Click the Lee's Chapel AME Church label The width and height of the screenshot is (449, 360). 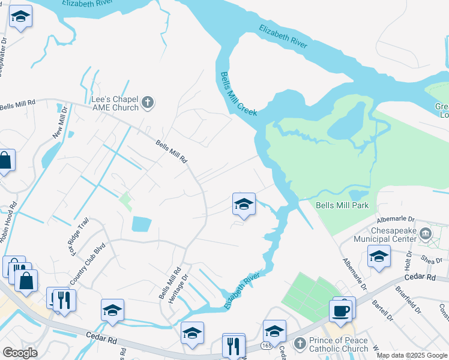coord(115,103)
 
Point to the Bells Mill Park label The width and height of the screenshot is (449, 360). coord(342,205)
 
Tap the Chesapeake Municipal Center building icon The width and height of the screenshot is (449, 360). coord(426,233)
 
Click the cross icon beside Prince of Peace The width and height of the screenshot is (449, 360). coord(299,343)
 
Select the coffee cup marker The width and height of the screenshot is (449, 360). coord(340,311)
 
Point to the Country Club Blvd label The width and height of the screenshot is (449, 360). coord(88,263)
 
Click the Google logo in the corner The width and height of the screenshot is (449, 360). coord(20,353)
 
